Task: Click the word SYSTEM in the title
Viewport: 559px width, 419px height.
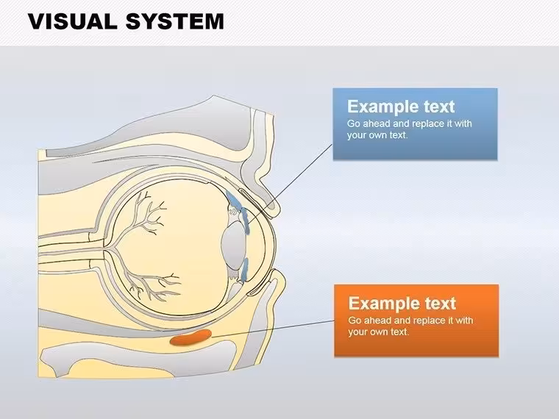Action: coord(175,21)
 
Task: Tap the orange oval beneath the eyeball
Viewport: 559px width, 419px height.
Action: coord(191,337)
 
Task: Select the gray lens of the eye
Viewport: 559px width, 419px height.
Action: coord(234,246)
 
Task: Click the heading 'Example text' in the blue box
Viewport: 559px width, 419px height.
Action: coord(401,107)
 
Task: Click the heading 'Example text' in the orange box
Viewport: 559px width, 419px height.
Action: coord(402,303)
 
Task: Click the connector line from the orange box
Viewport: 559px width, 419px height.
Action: coord(273,328)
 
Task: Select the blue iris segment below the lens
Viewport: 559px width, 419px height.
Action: coord(244,270)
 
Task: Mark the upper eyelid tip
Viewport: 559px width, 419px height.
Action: coord(274,210)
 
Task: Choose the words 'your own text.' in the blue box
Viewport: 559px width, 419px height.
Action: coord(377,135)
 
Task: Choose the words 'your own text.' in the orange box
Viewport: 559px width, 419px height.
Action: coord(378,332)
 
